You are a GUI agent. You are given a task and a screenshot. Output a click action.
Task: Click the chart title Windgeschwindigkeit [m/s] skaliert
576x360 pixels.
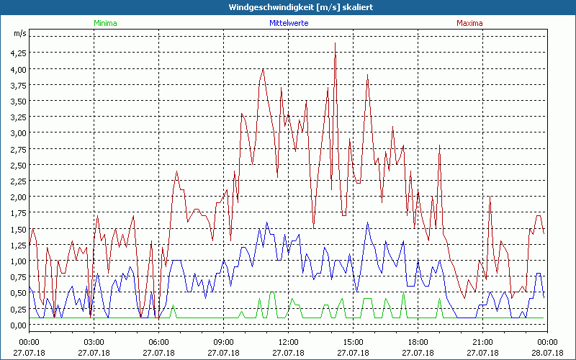[288, 7]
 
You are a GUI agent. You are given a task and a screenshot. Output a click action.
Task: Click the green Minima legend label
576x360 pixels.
[105, 23]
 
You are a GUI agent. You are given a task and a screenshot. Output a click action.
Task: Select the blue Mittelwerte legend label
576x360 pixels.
[288, 23]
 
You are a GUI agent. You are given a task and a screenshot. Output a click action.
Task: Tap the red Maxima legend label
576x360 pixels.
[470, 23]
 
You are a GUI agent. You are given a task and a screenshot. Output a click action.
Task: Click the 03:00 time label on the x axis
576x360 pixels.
[94, 342]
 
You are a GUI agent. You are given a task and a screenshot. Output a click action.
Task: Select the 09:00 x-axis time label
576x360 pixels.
[224, 342]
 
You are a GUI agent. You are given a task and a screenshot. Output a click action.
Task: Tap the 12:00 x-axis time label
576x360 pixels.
[289, 342]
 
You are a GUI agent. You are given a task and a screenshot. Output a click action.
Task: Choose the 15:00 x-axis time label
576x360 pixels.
[354, 342]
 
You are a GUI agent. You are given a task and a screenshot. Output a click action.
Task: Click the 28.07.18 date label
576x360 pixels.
[547, 353]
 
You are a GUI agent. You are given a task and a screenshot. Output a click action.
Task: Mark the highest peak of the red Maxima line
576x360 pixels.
[335, 44]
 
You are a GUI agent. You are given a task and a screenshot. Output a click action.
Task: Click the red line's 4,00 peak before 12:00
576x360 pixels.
[264, 69]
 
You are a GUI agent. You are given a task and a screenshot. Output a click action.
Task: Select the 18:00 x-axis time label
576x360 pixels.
[418, 342]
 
